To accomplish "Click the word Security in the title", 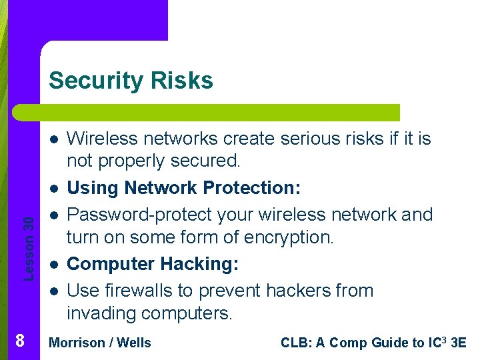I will [x=96, y=81].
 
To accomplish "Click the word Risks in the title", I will [x=181, y=81].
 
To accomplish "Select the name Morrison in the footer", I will [x=77, y=343].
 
